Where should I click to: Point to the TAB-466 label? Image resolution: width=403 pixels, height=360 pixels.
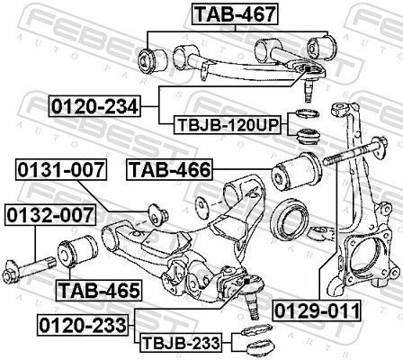tap(170, 169)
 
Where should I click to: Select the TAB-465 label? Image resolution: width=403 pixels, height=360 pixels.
tap(98, 290)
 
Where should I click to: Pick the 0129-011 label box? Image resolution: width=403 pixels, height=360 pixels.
tap(318, 337)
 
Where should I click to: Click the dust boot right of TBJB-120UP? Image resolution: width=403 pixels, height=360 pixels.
tap(309, 137)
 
